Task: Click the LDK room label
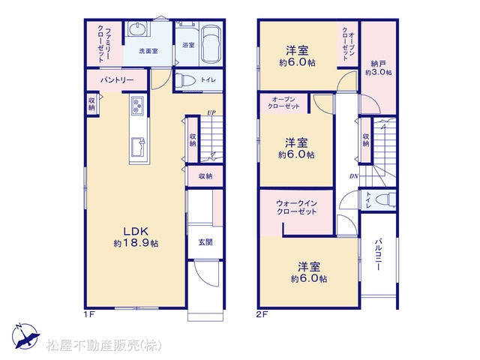point(136,230)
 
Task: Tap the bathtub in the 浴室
point(211,45)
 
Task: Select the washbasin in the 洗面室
point(137,29)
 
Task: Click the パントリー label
point(117,80)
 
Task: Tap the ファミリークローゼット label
point(104,45)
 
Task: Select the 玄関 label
point(205,242)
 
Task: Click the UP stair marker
point(211,112)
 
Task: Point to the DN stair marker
point(354,176)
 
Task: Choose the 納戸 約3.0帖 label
point(378,68)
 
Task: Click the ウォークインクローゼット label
point(296,207)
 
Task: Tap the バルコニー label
point(378,254)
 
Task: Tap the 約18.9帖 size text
point(136,244)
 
